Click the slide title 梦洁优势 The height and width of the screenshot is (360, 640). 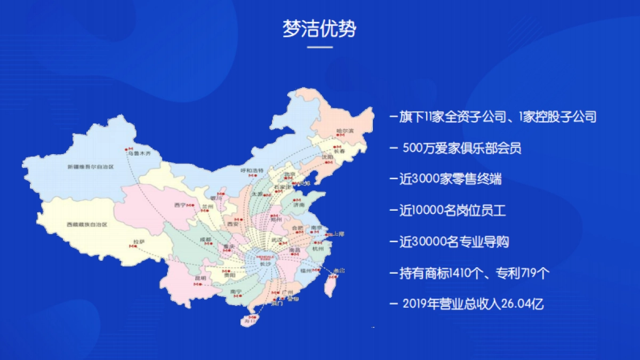(319, 29)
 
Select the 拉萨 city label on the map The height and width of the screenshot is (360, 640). (139, 242)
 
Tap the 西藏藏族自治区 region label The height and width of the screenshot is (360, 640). (87, 225)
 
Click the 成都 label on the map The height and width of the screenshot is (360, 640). (205, 239)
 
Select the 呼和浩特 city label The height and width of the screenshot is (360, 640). (252, 170)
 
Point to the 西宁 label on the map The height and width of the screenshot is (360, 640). (180, 205)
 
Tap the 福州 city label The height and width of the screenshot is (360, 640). (306, 271)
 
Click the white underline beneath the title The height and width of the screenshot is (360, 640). (320, 47)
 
